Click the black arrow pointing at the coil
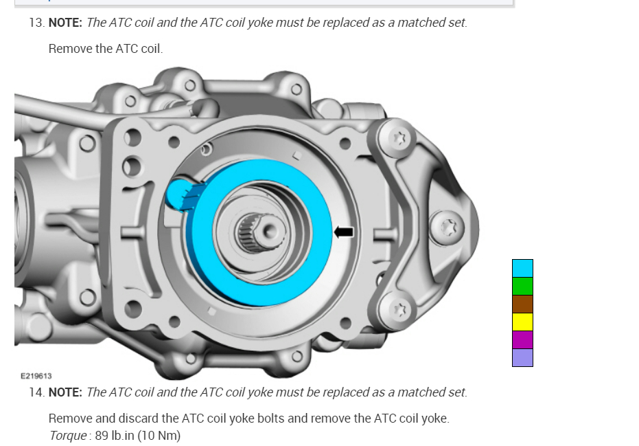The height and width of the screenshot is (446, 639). pyautogui.click(x=344, y=232)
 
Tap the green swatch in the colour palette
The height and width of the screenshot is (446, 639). pyautogui.click(x=522, y=286)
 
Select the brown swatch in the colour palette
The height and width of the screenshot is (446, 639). pyautogui.click(x=522, y=304)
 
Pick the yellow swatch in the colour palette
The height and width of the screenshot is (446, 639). pyautogui.click(x=522, y=322)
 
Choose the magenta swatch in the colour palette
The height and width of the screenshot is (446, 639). pyautogui.click(x=522, y=340)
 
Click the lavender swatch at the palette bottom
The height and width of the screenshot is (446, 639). pyautogui.click(x=522, y=357)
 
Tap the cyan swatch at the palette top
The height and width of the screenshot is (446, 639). pyautogui.click(x=522, y=268)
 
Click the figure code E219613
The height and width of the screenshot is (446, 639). pyautogui.click(x=36, y=376)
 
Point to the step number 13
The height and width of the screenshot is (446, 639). pyautogui.click(x=36, y=23)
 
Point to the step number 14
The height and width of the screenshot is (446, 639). pyautogui.click(x=36, y=392)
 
